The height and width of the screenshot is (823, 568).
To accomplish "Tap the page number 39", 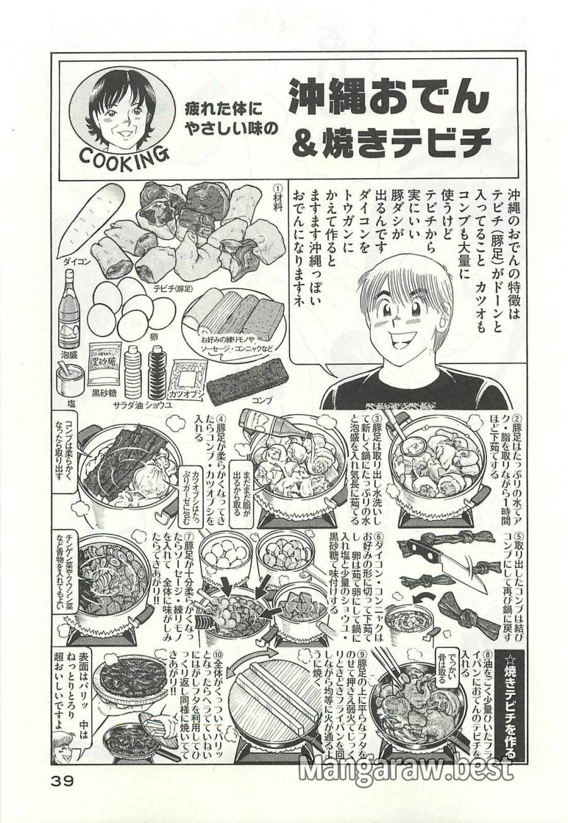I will [x=61, y=780].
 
